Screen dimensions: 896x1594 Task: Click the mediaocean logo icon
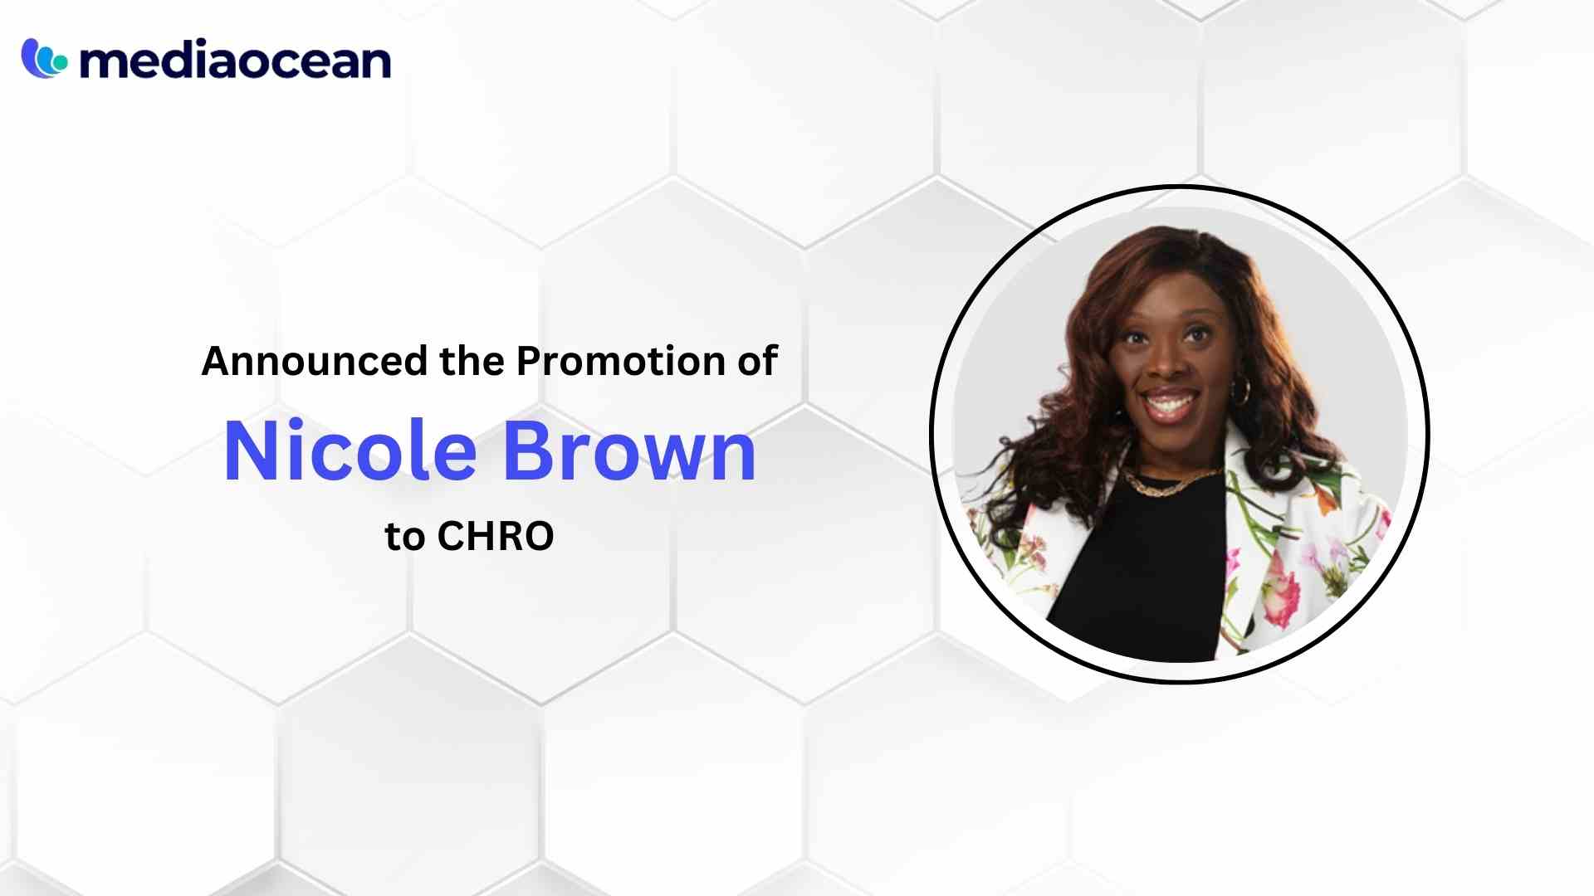coord(44,59)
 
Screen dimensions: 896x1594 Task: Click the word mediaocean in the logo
coord(235,61)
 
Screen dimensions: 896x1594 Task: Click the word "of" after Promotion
coord(758,362)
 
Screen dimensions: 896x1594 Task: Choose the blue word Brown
coord(629,452)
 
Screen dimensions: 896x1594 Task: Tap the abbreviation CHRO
coord(495,537)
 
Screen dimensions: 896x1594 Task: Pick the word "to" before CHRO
coord(404,538)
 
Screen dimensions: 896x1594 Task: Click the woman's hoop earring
coord(1240,390)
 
